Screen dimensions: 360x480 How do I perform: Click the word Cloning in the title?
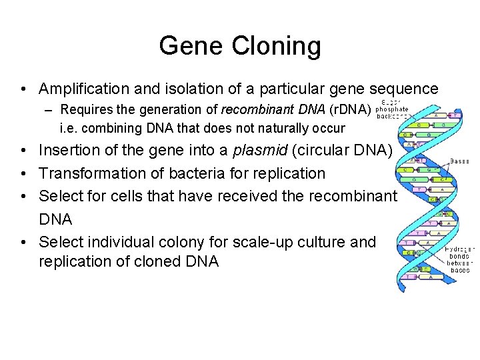(x=277, y=46)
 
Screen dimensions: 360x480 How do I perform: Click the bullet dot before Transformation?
(x=23, y=173)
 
